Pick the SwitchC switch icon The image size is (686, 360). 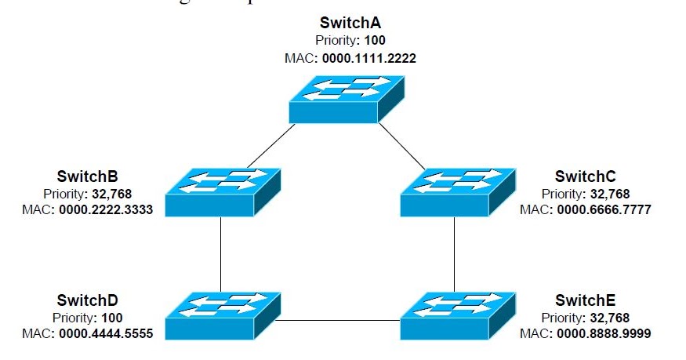[456, 191]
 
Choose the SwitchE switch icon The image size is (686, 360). [456, 315]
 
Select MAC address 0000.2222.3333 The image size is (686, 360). [106, 209]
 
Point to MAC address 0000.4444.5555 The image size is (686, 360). [106, 334]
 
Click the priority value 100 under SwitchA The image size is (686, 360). [376, 40]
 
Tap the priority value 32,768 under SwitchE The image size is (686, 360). [608, 318]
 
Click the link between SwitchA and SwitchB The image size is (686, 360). [267, 145]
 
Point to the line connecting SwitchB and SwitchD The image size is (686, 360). [220, 253]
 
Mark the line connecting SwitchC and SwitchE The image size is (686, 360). [455, 253]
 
